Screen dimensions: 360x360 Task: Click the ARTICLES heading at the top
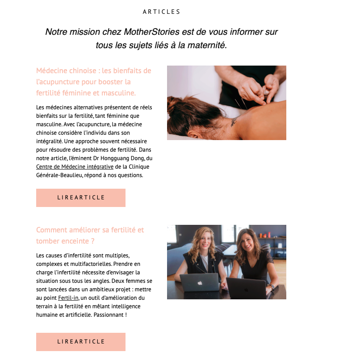(x=161, y=12)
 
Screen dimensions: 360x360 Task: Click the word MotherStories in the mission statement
(x=151, y=32)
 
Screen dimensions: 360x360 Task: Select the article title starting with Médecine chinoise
(x=93, y=82)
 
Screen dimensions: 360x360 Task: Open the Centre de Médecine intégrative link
(x=75, y=167)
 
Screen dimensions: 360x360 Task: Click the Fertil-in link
(x=68, y=298)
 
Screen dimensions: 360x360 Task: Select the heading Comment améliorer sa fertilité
(x=90, y=236)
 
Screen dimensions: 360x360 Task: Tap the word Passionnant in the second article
(x=109, y=315)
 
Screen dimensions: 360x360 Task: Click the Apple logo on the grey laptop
(x=200, y=283)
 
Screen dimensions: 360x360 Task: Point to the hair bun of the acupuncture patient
(x=175, y=104)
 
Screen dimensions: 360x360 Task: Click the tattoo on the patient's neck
(x=234, y=121)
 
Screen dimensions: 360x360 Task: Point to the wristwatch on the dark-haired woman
(x=271, y=287)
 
